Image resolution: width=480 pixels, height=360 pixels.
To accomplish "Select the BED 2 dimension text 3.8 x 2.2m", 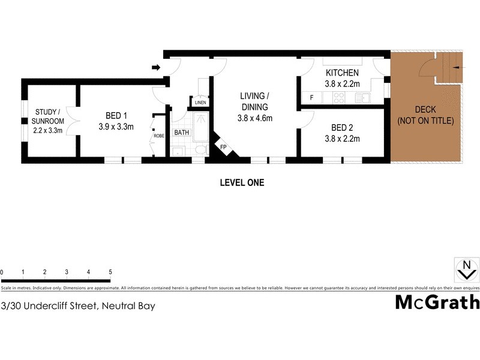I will tap(341, 139).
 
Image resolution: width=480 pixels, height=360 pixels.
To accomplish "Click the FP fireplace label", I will tap(223, 147).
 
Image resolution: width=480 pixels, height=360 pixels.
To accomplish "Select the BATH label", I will tap(181, 132).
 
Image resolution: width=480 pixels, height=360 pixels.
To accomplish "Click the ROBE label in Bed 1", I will tap(159, 136).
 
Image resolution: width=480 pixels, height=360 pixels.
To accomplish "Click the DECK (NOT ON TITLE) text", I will tap(426, 115).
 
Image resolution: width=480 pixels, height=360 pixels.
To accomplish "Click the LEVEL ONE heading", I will tap(242, 182).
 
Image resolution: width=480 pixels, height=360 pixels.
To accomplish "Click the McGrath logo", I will tap(437, 302).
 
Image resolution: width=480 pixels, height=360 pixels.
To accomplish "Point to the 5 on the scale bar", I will tap(110, 272).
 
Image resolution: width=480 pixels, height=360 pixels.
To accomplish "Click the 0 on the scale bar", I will tap(2, 272).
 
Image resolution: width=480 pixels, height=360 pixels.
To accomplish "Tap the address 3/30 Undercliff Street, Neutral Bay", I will tap(78, 306).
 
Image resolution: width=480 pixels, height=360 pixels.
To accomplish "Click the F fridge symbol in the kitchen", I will tap(311, 97).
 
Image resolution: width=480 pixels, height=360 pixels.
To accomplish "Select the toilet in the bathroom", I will tap(202, 149).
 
